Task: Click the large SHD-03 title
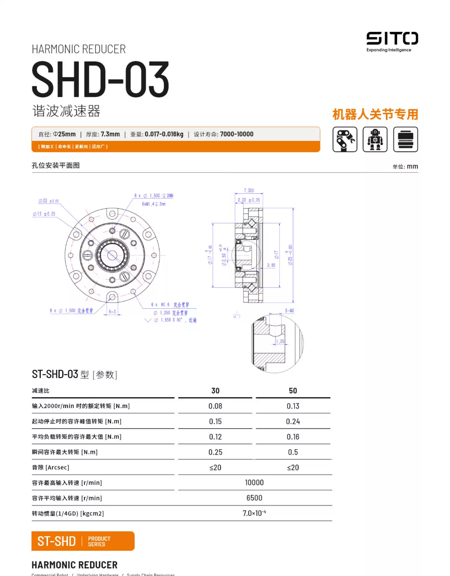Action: point(100,79)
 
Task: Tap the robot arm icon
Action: point(345,139)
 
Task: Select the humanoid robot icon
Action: point(375,139)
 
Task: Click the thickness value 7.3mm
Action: point(110,134)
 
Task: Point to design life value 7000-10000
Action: point(237,134)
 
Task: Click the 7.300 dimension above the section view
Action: point(249,190)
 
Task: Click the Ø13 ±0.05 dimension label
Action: point(44,214)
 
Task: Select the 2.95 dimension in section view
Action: point(271,265)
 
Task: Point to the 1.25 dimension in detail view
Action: point(280,341)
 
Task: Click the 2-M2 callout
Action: point(289,310)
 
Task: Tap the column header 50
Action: point(293,391)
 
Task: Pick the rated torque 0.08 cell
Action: point(215,406)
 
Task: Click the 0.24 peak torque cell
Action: point(293,421)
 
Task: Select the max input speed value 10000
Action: point(254,482)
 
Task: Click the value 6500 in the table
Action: point(254,498)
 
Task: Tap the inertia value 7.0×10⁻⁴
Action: point(254,513)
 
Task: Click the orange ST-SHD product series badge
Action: point(83,541)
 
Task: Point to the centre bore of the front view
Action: point(112,255)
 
